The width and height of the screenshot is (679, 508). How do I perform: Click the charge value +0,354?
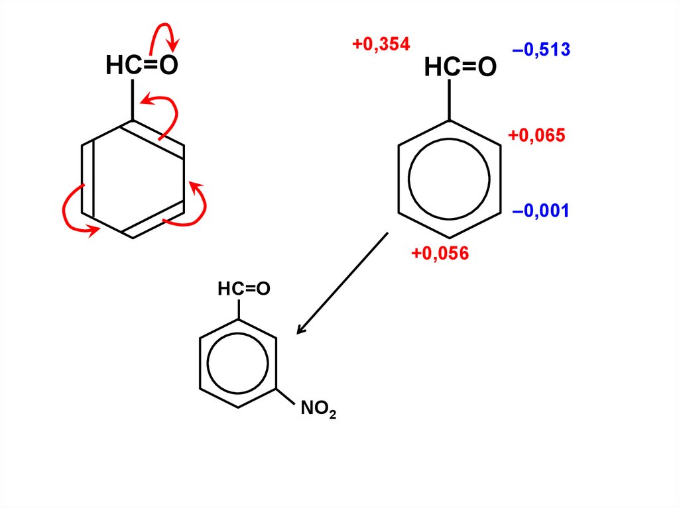[381, 44]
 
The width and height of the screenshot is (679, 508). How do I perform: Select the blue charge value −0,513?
[541, 50]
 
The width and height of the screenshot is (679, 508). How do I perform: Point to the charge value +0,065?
[536, 136]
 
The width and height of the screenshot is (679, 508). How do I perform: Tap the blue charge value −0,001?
[540, 211]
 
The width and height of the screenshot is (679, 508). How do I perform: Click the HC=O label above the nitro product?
[244, 289]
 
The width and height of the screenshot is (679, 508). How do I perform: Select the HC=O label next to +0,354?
[460, 68]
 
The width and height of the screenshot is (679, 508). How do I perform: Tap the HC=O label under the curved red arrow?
[142, 66]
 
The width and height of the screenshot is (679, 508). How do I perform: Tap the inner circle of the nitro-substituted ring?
[237, 362]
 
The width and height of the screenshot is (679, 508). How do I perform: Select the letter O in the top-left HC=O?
[169, 66]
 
